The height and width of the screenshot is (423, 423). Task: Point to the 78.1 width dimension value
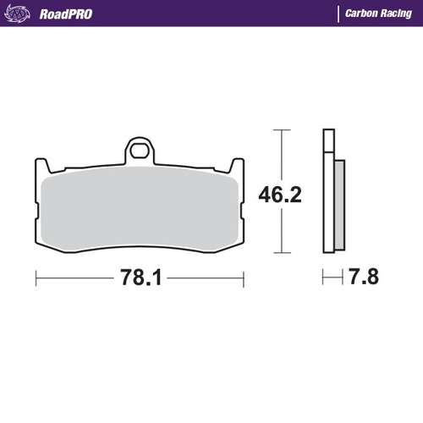tap(140, 277)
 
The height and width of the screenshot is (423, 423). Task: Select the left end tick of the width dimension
tap(36, 277)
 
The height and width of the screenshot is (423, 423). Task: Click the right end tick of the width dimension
tap(244, 277)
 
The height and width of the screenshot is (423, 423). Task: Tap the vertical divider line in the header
tap(338, 14)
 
